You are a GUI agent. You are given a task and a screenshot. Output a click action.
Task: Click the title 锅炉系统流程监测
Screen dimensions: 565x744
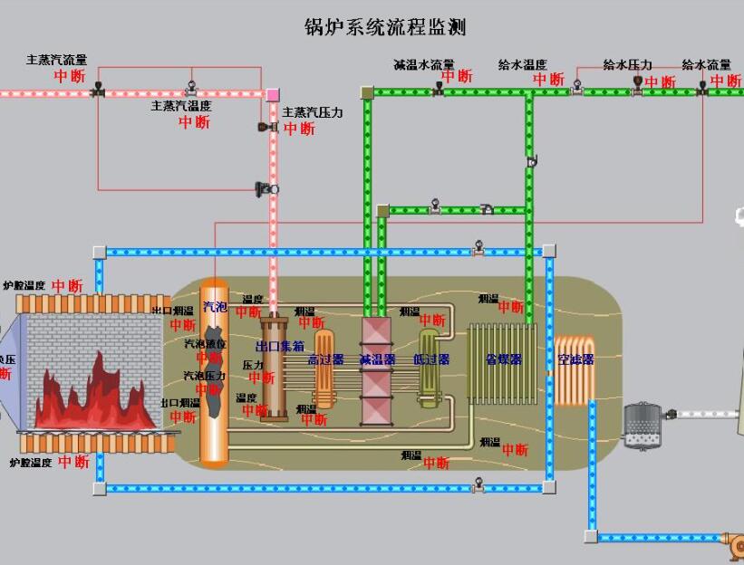click(384, 27)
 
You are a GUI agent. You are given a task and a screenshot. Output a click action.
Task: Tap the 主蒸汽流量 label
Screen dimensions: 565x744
click(57, 61)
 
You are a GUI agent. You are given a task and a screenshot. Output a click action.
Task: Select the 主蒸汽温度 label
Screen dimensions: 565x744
click(181, 106)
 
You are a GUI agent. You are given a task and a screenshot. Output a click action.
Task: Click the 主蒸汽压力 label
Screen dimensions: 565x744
click(313, 113)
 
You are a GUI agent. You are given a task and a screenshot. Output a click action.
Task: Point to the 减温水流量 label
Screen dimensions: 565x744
click(423, 65)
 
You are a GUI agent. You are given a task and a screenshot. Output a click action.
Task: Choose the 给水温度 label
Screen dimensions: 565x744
click(522, 65)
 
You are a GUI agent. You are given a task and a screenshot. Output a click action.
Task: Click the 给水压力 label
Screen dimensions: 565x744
click(628, 65)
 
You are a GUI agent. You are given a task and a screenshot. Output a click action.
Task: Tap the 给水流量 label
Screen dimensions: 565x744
click(706, 65)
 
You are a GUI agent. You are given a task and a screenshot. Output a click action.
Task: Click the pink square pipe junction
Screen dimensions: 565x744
click(273, 93)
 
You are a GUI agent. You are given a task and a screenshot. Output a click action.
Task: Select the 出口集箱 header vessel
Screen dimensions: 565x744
click(274, 367)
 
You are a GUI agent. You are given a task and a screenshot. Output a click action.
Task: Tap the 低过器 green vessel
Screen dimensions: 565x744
click(429, 367)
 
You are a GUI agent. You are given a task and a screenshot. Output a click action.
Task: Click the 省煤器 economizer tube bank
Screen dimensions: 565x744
click(503, 361)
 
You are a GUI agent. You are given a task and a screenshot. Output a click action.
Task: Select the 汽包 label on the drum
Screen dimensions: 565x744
click(215, 306)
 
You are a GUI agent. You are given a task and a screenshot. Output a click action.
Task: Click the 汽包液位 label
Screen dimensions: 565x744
click(206, 345)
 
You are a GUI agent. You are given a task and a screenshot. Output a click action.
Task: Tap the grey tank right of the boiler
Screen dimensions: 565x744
click(643, 425)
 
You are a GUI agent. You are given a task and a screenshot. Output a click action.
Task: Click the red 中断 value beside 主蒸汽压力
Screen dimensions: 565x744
click(298, 129)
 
